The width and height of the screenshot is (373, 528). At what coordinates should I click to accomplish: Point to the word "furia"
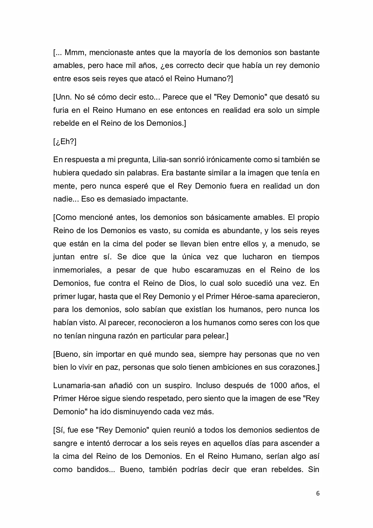coord(61,110)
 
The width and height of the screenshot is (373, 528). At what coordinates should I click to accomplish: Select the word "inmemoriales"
coord(76,270)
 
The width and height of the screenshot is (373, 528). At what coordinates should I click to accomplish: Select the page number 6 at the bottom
coord(318,493)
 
